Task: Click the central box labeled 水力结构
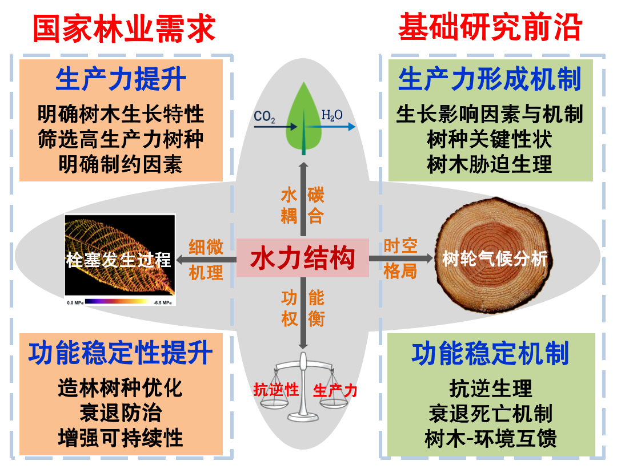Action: click(303, 258)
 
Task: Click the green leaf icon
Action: click(303, 120)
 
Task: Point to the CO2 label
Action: click(265, 116)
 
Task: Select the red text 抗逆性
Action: click(277, 390)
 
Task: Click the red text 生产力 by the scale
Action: click(335, 390)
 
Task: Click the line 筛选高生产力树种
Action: click(121, 139)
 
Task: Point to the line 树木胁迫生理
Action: click(490, 164)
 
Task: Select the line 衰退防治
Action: click(121, 413)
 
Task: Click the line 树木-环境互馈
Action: click(490, 439)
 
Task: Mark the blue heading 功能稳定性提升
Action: click(121, 353)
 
